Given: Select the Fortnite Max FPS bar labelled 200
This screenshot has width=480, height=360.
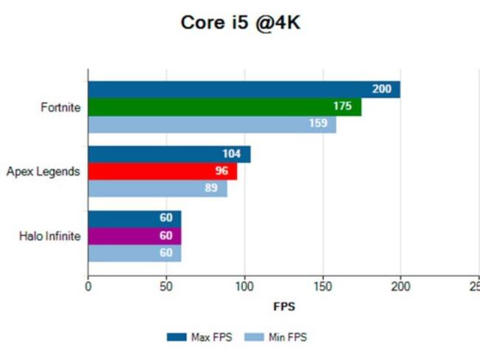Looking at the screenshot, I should coord(244,89).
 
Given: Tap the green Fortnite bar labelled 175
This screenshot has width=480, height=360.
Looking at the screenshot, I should coord(224,106).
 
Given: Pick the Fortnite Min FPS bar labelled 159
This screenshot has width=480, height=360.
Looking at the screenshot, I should coord(212,123).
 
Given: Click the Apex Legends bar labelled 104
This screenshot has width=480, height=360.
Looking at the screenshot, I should coord(169,154).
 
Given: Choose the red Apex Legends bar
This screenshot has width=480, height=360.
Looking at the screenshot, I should coord(162,171).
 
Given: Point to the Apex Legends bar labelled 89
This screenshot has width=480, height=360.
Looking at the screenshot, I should coord(157,189).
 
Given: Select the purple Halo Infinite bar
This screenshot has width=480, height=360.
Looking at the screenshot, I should coord(134,237).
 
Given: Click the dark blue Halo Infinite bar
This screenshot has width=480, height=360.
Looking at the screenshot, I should coord(134,220).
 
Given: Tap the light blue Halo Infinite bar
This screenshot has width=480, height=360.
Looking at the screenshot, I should coord(134,254).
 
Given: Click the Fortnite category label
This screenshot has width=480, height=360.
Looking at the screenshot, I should coord(61,106).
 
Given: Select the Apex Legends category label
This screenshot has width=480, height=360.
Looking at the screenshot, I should coord(44,171).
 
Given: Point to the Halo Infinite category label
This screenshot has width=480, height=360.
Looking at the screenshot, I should coord(50,237).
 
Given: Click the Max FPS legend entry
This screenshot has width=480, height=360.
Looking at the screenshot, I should coord(200,337).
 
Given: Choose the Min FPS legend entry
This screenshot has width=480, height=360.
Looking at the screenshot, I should coord(278,337).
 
